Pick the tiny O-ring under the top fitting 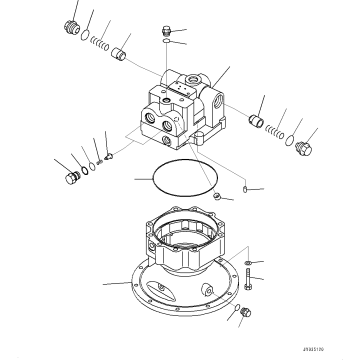tap(167, 45)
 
